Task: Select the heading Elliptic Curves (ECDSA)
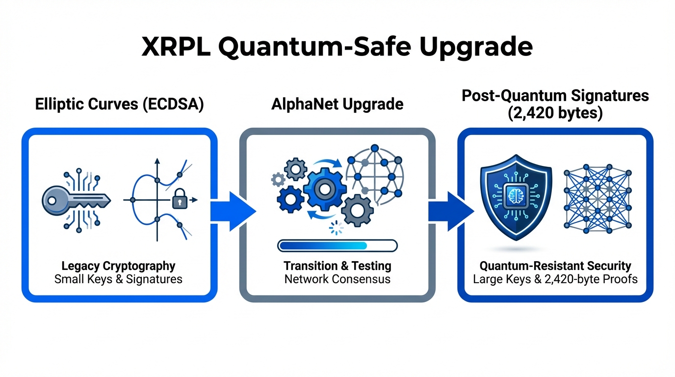(x=119, y=105)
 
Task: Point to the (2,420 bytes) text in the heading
(x=555, y=114)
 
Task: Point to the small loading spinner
(x=337, y=227)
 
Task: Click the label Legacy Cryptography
(x=118, y=266)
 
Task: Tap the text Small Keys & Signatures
(x=118, y=279)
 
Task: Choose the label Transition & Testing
(x=337, y=266)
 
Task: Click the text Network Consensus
(x=337, y=279)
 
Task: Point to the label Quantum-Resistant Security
(x=555, y=266)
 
